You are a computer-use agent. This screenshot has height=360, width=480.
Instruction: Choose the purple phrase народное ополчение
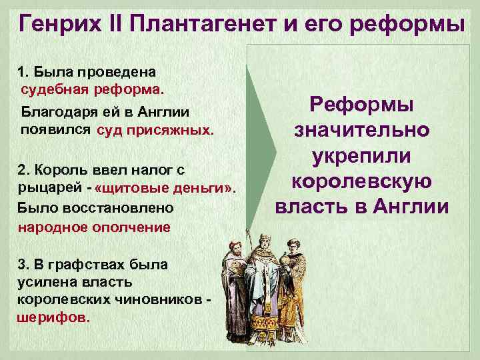[94, 227]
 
